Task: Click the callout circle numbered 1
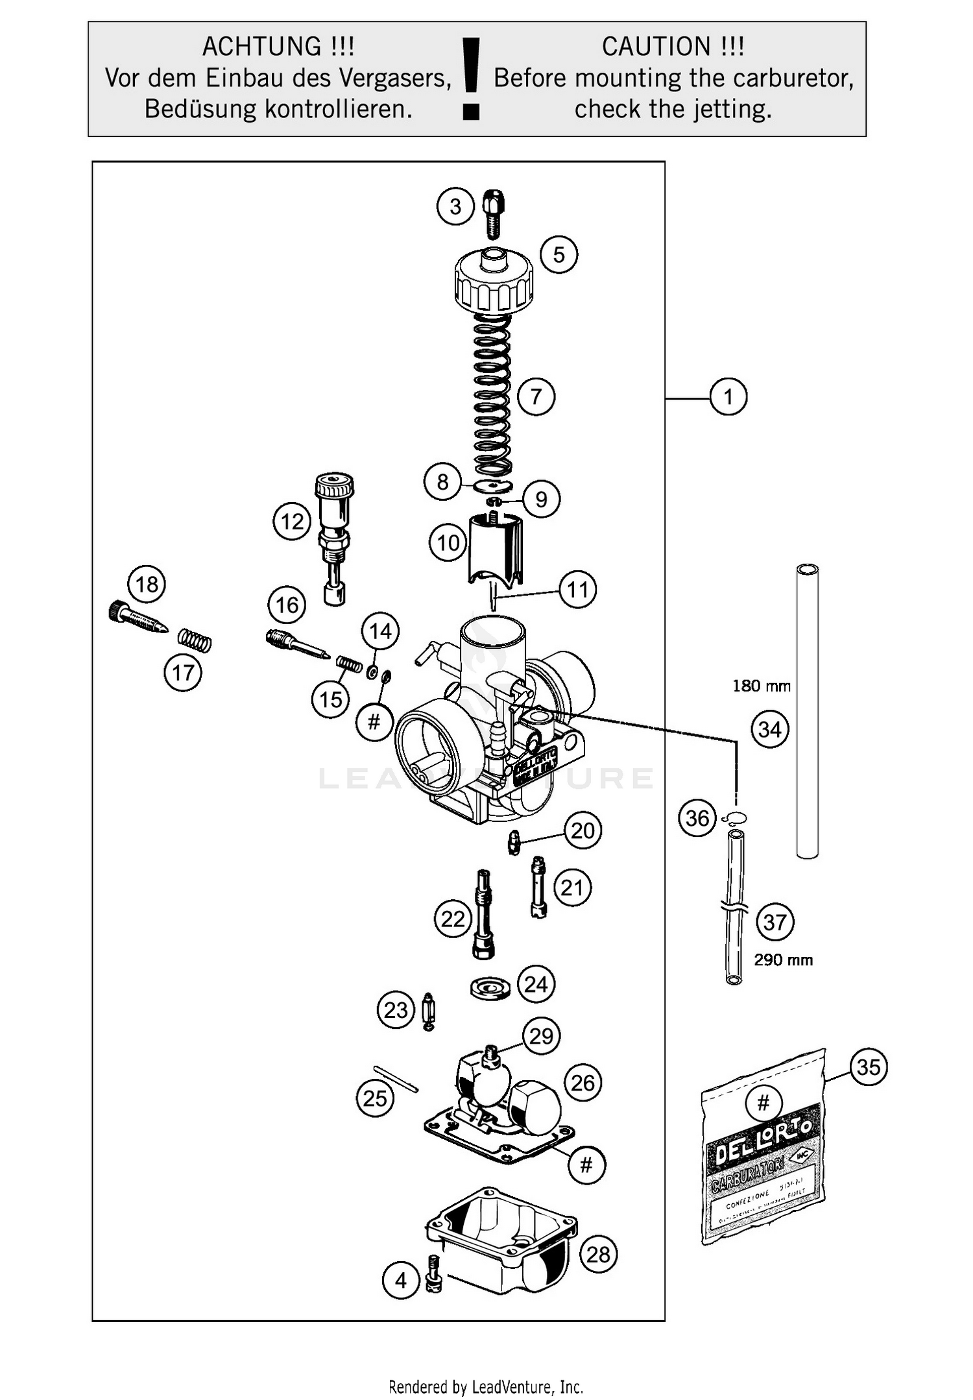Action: (728, 396)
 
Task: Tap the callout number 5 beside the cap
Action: (559, 254)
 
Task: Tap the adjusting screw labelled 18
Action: (137, 620)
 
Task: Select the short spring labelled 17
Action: (195, 640)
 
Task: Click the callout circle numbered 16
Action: (287, 605)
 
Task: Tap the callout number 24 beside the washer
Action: (536, 984)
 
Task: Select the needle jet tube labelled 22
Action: (484, 913)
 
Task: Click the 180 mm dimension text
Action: (761, 686)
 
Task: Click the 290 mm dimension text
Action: (783, 959)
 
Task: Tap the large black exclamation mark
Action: (471, 78)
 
